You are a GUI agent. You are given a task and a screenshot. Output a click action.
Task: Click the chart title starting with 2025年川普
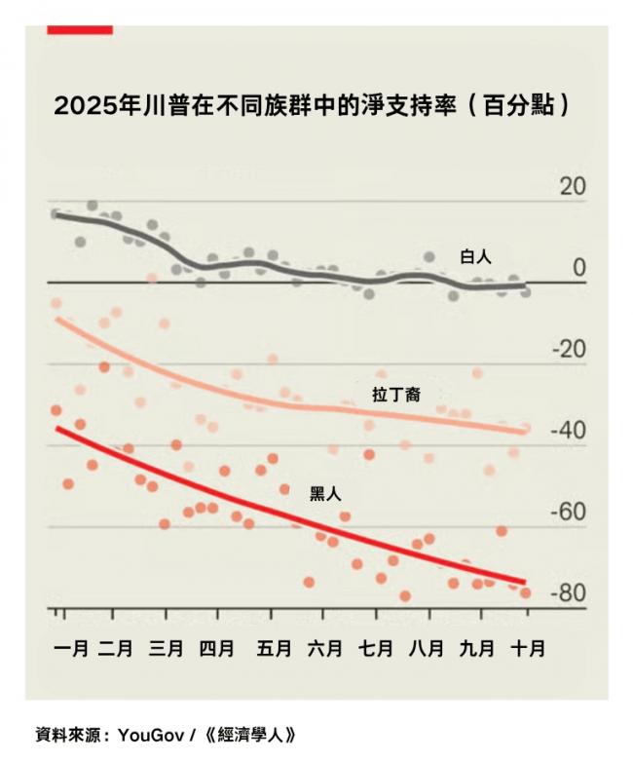point(312,105)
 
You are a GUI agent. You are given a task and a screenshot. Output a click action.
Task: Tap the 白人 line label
point(476,257)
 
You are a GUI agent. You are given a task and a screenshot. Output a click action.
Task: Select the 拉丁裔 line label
point(395,395)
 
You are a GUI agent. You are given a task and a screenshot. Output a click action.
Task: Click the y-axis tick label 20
point(574,187)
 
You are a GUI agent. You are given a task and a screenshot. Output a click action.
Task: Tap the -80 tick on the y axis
point(570,594)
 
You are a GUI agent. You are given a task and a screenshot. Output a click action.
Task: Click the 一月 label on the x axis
point(69,648)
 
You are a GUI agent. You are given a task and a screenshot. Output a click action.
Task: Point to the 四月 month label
point(215,648)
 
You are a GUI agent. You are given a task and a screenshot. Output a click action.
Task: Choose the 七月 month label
point(375,648)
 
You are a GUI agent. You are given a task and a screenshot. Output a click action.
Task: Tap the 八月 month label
point(426,648)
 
